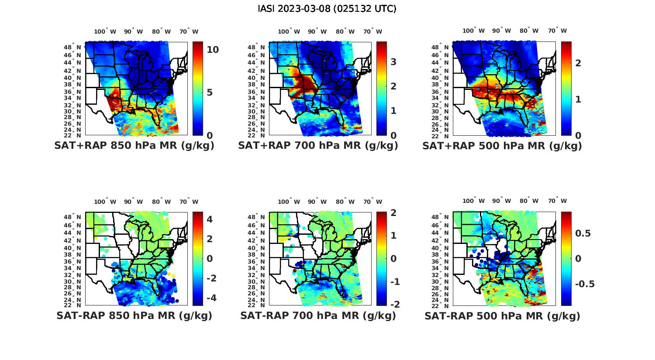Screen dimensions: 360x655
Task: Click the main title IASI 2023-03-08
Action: pyautogui.click(x=327, y=9)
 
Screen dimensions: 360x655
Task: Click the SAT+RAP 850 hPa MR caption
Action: pyautogui.click(x=134, y=146)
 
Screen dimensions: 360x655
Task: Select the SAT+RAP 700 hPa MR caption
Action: pyautogui.click(x=318, y=146)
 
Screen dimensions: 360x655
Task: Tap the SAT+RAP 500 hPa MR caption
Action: pyautogui.click(x=502, y=146)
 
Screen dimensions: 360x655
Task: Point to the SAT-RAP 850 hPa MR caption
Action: pyautogui.click(x=134, y=315)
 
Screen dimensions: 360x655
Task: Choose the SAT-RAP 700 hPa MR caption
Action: pyautogui.click(x=318, y=315)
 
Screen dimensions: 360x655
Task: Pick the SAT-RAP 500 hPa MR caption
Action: pyautogui.click(x=502, y=315)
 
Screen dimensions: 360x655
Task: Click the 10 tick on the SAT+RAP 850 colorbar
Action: pyautogui.click(x=213, y=50)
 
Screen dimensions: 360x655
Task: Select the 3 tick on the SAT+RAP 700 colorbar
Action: pyautogui.click(x=393, y=62)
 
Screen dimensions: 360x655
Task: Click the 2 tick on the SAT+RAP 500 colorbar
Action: pyautogui.click(x=578, y=63)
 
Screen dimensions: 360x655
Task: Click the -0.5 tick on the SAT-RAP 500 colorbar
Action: pyautogui.click(x=585, y=284)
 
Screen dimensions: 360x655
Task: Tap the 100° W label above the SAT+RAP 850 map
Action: pyautogui.click(x=105, y=31)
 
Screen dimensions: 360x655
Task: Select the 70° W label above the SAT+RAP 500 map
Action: pyautogui.click(x=557, y=31)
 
